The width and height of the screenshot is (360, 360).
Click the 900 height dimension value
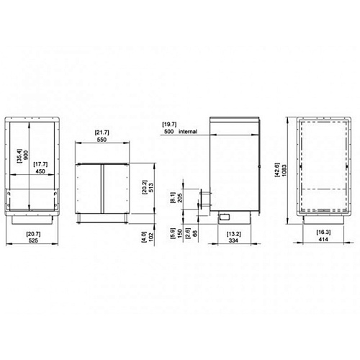[26, 155]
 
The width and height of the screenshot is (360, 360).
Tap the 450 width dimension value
[40, 171]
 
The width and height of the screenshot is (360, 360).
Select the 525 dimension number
[33, 240]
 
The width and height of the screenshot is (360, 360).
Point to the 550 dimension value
[102, 140]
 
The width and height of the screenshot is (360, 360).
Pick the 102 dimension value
[151, 237]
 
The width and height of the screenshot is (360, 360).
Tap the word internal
[188, 132]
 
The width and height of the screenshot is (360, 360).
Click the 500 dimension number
[169, 132]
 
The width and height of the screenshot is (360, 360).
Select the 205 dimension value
[180, 197]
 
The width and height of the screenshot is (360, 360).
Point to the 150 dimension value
[180, 233]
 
